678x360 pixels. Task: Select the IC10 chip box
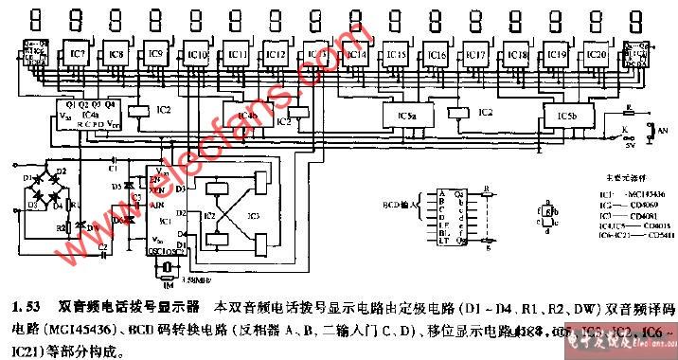click(x=198, y=55)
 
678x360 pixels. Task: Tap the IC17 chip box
click(x=477, y=55)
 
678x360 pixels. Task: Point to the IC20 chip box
click(x=597, y=55)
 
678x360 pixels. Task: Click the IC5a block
click(x=407, y=115)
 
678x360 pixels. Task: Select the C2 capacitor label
click(x=102, y=246)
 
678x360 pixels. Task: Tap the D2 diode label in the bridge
click(x=62, y=171)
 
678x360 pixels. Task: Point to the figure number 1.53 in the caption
click(x=23, y=306)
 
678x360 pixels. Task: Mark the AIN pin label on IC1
click(x=157, y=204)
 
